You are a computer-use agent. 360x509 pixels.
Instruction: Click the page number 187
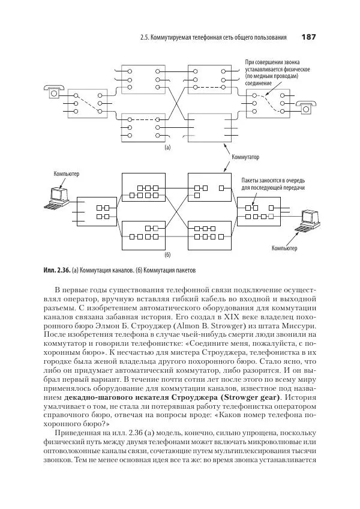(x=308, y=37)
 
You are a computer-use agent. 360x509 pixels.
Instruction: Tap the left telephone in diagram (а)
(x=53, y=92)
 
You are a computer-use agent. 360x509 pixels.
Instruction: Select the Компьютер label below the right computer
(x=284, y=247)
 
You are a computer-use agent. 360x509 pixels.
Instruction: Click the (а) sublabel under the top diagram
(x=167, y=146)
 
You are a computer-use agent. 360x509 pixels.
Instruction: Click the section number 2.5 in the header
(x=143, y=37)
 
